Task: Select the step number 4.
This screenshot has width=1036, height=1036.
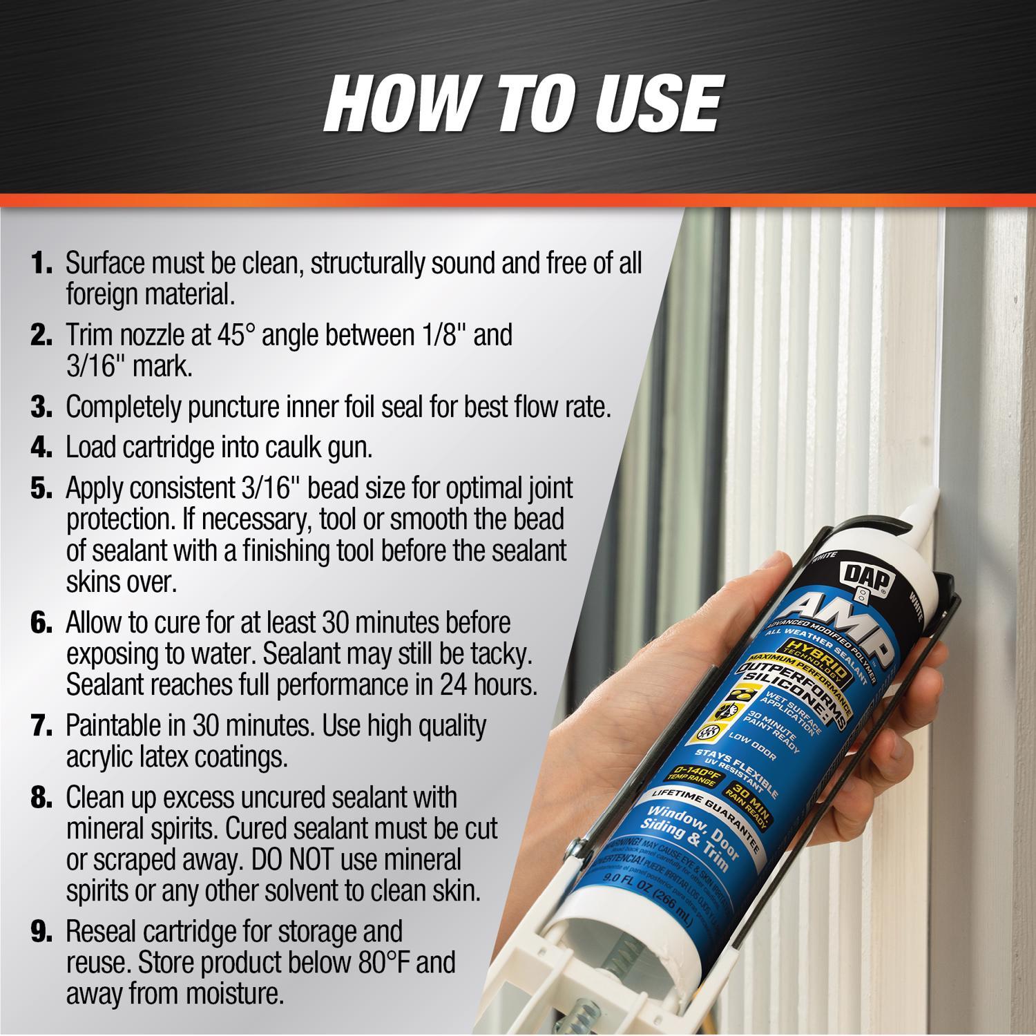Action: click(x=41, y=448)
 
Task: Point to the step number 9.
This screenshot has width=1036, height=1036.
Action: click(x=41, y=932)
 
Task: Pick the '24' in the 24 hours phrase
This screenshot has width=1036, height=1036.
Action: click(x=454, y=684)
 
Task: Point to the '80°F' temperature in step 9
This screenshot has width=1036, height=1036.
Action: click(x=386, y=962)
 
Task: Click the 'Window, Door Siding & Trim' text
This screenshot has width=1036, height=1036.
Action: click(x=697, y=836)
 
